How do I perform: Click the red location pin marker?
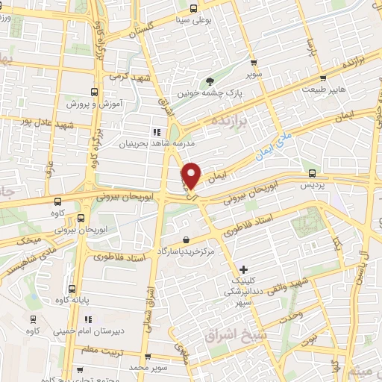click(192, 175)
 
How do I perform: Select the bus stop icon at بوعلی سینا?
click(193, 9)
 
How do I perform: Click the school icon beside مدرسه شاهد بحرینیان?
click(157, 131)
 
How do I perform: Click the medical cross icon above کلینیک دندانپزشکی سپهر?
click(244, 269)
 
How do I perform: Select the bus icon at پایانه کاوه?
click(72, 289)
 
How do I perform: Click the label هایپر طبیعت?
click(323, 89)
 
